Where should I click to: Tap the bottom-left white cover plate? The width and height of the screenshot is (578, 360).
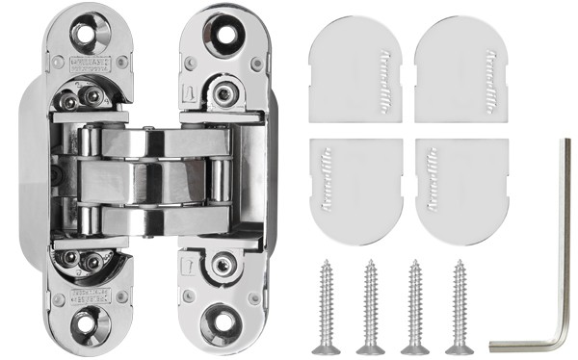353,190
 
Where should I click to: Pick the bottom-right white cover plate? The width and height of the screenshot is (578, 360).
459,190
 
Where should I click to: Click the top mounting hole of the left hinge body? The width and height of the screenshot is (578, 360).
86,36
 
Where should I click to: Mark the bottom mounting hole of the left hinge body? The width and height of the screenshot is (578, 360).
86,324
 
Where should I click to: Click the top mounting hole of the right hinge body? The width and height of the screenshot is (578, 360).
227,32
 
